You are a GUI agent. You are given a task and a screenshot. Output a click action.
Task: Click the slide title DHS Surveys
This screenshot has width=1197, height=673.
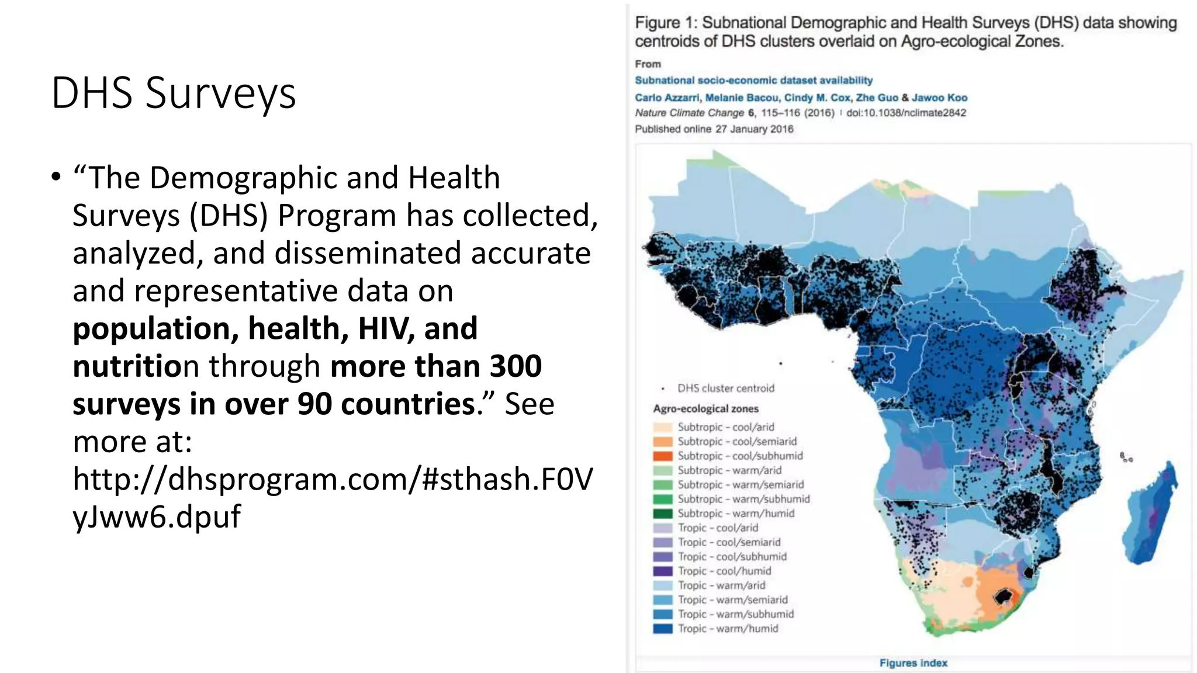(174, 93)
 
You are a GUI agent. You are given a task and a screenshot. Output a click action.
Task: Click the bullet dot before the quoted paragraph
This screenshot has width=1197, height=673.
(56, 177)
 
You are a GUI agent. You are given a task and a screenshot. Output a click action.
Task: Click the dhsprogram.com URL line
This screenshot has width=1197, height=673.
(332, 479)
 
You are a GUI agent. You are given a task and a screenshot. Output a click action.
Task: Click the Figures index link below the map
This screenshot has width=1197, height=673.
(913, 662)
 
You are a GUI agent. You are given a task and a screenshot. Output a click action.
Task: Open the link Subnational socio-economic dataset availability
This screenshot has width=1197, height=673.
(753, 81)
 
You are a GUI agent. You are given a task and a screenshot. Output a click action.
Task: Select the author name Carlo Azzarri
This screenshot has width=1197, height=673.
(667, 98)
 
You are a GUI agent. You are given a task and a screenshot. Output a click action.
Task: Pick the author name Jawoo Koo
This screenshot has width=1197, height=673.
(939, 98)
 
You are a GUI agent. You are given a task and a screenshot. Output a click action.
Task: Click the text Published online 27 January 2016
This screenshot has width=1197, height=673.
(714, 129)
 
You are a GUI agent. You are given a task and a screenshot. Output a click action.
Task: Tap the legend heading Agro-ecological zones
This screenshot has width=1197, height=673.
(705, 409)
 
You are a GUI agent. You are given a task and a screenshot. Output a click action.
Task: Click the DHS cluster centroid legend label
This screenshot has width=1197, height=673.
(725, 388)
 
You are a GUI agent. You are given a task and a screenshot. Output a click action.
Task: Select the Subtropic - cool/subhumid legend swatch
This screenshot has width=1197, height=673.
(663, 456)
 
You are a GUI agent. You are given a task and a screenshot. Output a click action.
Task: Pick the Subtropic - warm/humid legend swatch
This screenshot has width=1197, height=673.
(663, 514)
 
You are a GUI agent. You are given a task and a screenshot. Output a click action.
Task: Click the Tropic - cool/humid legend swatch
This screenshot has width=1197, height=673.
(663, 571)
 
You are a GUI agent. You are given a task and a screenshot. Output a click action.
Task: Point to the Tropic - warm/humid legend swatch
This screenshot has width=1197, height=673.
(663, 629)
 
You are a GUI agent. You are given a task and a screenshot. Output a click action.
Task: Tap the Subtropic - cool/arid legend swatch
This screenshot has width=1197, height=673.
(663, 427)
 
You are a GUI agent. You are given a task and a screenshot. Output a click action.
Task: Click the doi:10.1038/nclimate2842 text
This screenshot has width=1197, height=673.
(906, 113)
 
